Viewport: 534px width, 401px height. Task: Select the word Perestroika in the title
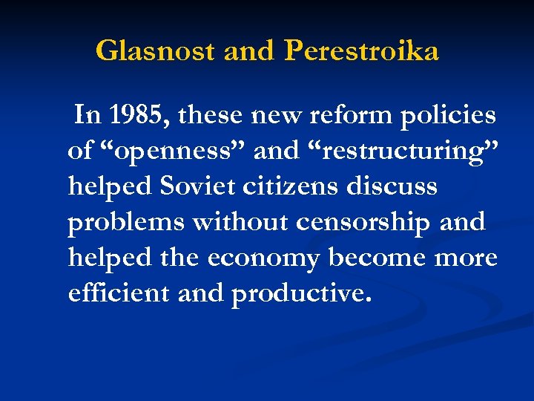click(362, 51)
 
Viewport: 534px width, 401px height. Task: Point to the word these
click(210, 115)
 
